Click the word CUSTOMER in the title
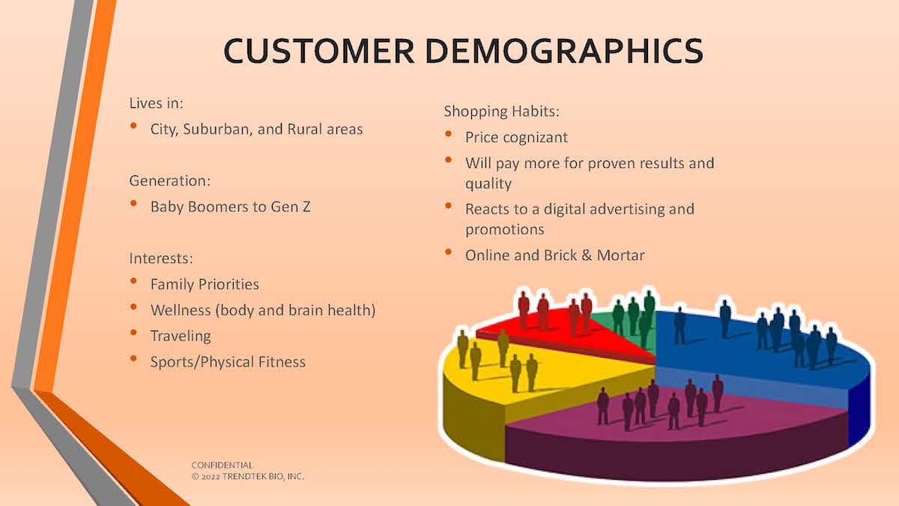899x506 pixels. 319,51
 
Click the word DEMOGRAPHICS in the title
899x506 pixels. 564,51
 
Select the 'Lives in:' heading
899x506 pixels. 156,103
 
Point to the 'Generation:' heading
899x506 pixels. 170,181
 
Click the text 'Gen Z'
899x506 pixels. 291,207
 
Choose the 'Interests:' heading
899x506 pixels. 161,258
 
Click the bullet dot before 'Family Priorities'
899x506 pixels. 133,281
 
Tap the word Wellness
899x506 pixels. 181,310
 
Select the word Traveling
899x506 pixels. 181,336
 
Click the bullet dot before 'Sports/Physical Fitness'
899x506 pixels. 133,358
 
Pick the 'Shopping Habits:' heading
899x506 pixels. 501,112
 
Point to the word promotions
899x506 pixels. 504,229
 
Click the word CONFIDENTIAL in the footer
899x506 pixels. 222,465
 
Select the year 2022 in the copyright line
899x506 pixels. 211,477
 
